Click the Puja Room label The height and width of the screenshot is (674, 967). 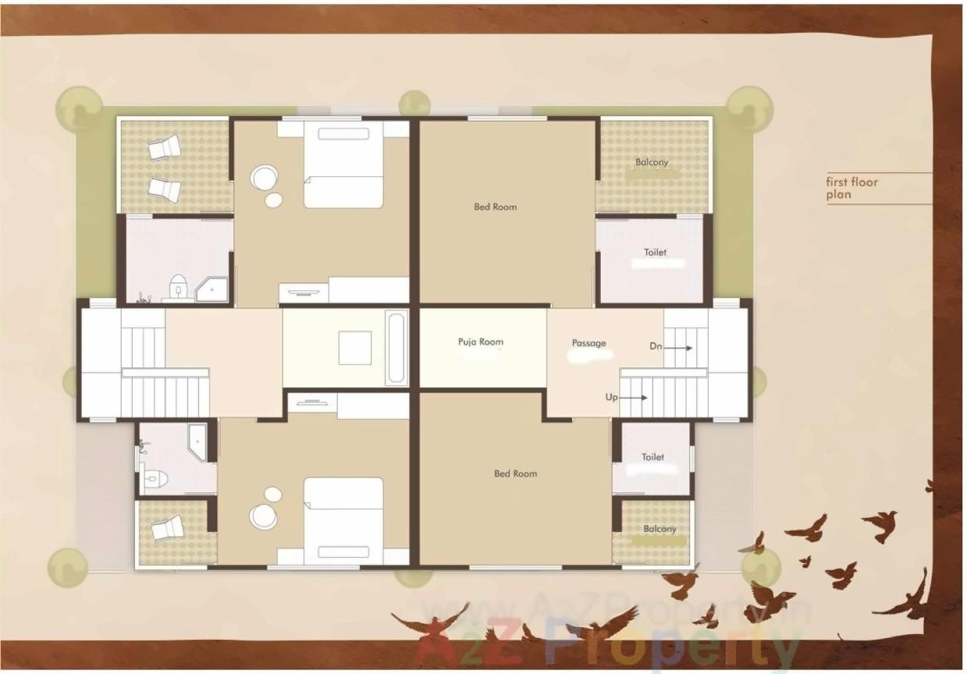click(480, 342)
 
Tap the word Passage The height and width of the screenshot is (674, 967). click(588, 343)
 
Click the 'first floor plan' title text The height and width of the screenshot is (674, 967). click(852, 188)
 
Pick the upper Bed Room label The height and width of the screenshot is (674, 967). click(496, 207)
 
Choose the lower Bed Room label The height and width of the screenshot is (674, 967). click(515, 474)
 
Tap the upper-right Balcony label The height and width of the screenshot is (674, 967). click(652, 162)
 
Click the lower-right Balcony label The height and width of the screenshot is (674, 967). click(660, 529)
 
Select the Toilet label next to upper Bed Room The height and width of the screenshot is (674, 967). click(656, 253)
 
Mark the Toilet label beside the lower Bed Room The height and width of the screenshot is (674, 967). click(653, 457)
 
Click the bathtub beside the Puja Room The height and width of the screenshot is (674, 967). click(396, 347)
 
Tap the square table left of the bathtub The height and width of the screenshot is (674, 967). click(355, 348)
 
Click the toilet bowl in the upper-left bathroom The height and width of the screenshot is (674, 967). click(179, 286)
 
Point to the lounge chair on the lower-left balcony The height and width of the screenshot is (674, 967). click(168, 528)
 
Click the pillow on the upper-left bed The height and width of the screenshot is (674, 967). click(343, 133)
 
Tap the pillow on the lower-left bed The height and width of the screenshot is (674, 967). click(343, 552)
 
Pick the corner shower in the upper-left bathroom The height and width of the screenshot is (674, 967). click(212, 289)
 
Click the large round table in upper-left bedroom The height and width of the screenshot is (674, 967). click(264, 178)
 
